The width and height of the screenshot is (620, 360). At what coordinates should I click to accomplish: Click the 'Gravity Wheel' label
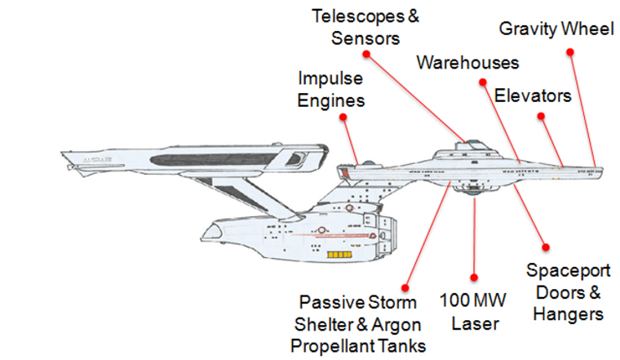(556, 30)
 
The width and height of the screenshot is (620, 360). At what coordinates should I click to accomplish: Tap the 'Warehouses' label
(467, 63)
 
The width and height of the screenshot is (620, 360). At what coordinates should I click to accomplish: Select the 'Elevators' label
(533, 96)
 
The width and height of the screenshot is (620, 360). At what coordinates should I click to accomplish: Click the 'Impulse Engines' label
(330, 90)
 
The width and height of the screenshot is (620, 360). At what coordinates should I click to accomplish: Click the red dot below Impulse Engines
(345, 118)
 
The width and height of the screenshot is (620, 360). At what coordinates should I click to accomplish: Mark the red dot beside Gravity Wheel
(570, 51)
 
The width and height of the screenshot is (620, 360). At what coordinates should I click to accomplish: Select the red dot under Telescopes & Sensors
(366, 54)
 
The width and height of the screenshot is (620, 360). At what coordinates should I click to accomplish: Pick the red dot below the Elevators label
(541, 116)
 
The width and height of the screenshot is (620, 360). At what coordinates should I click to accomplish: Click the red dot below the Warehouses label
(480, 78)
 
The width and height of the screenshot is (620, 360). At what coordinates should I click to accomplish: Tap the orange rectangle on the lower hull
(336, 254)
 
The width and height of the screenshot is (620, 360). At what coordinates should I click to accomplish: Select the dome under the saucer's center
(475, 198)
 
